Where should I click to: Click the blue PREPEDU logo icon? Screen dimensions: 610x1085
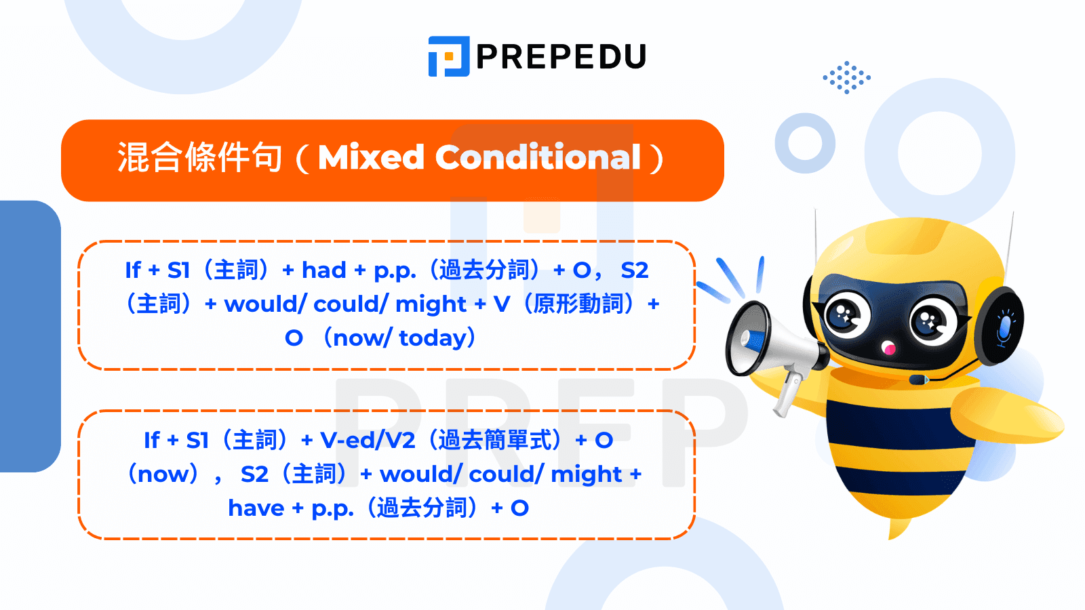coord(448,56)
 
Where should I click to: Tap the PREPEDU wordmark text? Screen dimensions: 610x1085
coord(561,57)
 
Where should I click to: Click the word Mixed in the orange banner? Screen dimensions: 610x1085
coord(371,157)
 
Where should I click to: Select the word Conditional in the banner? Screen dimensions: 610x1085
coord(538,157)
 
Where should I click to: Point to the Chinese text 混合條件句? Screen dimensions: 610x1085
coord(199,158)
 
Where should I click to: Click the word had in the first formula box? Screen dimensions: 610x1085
coord(323,270)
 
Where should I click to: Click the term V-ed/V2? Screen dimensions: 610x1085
coord(368,441)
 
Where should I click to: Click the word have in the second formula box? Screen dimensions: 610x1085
coord(256,508)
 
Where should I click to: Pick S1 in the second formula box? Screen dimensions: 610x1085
coord(197,441)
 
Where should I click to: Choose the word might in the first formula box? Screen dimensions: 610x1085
coord(431,304)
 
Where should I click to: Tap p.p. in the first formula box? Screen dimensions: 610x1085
coord(395,270)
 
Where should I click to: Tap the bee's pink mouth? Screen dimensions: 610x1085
coord(889,349)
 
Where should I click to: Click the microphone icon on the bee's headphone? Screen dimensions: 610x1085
coord(1004,327)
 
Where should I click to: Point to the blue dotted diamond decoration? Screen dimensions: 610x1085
coord(846,77)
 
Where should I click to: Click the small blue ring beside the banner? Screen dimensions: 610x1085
coord(805,143)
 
